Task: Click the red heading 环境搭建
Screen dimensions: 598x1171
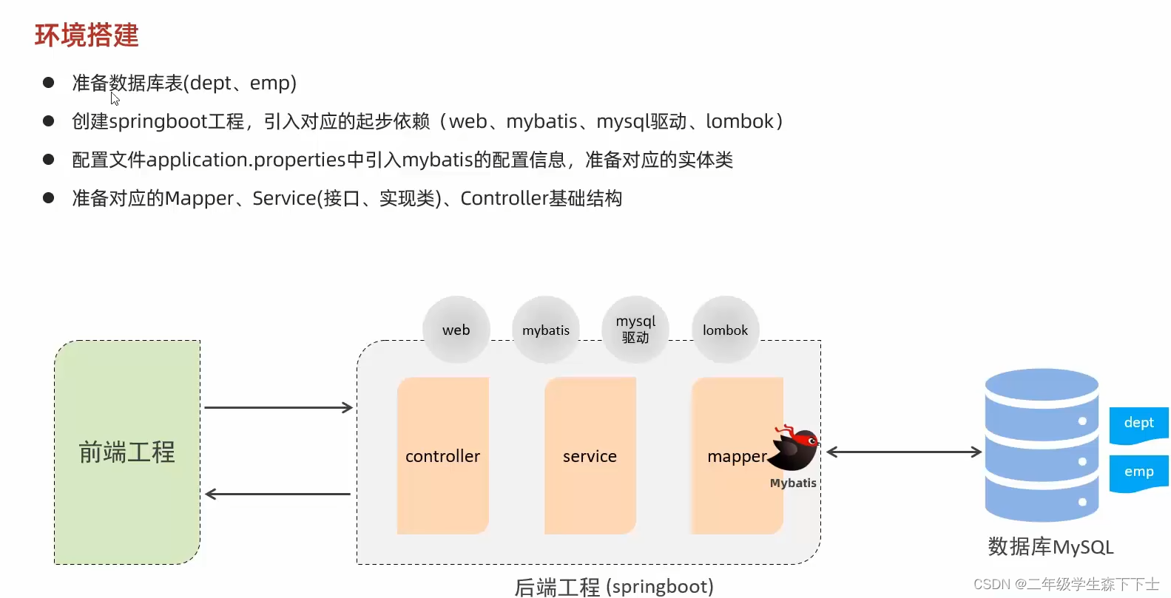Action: tap(87, 35)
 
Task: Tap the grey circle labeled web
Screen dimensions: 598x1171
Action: tap(456, 330)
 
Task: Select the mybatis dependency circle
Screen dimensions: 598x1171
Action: tap(546, 330)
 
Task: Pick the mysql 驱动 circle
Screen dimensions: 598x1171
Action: tap(635, 330)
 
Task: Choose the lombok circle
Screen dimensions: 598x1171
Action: tap(725, 330)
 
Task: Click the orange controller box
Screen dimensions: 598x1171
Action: tap(442, 456)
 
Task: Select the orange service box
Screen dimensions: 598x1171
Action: tap(590, 456)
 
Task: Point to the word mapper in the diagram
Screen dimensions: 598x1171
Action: tap(736, 457)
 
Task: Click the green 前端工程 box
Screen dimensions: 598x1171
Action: tap(127, 452)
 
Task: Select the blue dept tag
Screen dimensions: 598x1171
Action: tap(1138, 424)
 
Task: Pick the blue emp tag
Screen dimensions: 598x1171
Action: tap(1138, 472)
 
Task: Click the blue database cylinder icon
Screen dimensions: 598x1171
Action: tap(1042, 445)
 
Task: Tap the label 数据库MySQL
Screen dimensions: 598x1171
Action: tap(1050, 547)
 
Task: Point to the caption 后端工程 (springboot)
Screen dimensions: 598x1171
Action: tap(614, 587)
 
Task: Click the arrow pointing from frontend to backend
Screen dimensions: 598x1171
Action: tap(278, 407)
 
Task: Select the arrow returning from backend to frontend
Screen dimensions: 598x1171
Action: tap(278, 494)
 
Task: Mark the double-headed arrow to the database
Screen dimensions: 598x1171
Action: tap(903, 452)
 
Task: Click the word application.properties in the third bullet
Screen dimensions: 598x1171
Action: tap(246, 160)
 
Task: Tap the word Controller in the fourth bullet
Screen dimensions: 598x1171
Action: tap(503, 198)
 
